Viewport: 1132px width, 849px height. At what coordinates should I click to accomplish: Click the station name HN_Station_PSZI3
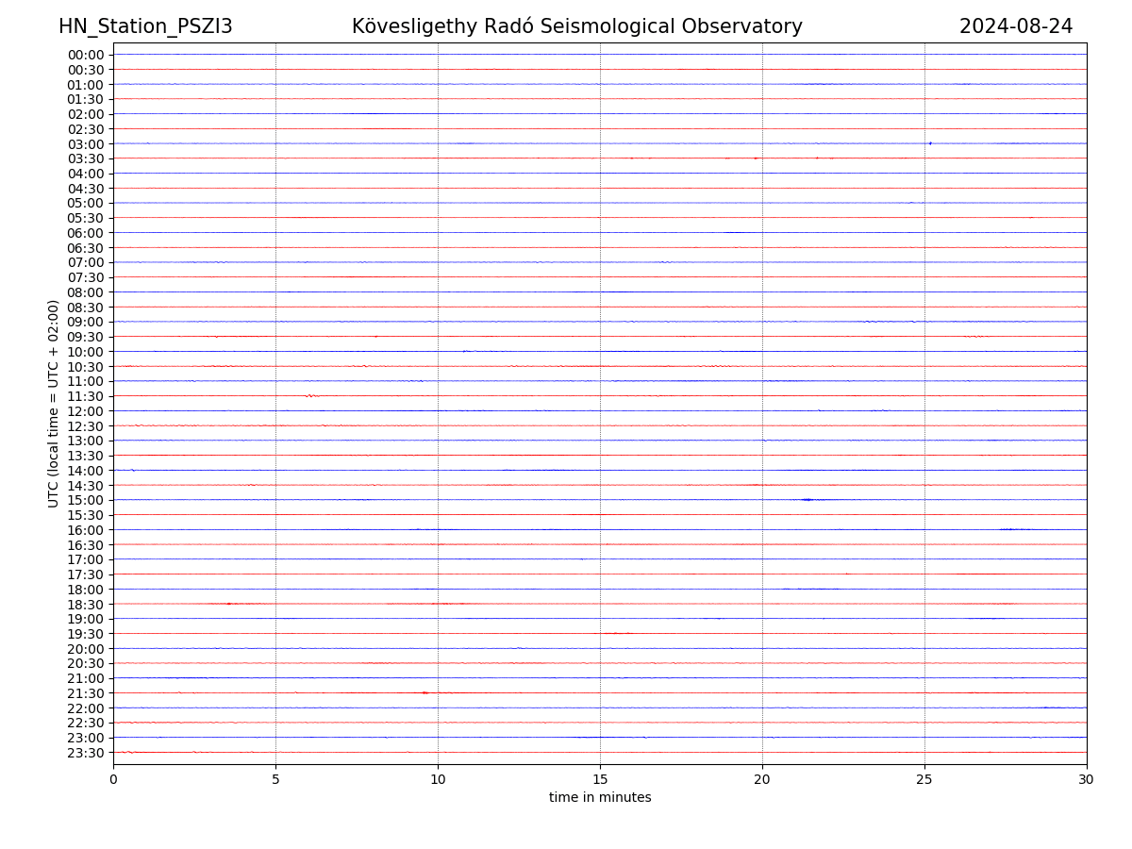[x=145, y=26]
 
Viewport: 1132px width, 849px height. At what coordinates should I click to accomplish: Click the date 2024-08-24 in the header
[x=1016, y=26]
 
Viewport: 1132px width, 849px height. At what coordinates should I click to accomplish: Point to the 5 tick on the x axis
[x=275, y=779]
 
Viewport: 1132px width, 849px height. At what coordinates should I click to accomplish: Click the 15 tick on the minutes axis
[x=600, y=779]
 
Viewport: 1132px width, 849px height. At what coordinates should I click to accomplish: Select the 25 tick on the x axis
[x=924, y=779]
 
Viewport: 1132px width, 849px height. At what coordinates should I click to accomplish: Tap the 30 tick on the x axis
[x=1087, y=779]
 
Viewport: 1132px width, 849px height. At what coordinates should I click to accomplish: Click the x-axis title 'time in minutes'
[x=600, y=798]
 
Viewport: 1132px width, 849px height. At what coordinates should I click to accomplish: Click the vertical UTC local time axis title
[x=54, y=404]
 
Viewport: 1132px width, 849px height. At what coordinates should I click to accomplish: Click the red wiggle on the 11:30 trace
[x=312, y=396]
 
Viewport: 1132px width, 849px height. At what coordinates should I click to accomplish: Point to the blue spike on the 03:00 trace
[x=930, y=143]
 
